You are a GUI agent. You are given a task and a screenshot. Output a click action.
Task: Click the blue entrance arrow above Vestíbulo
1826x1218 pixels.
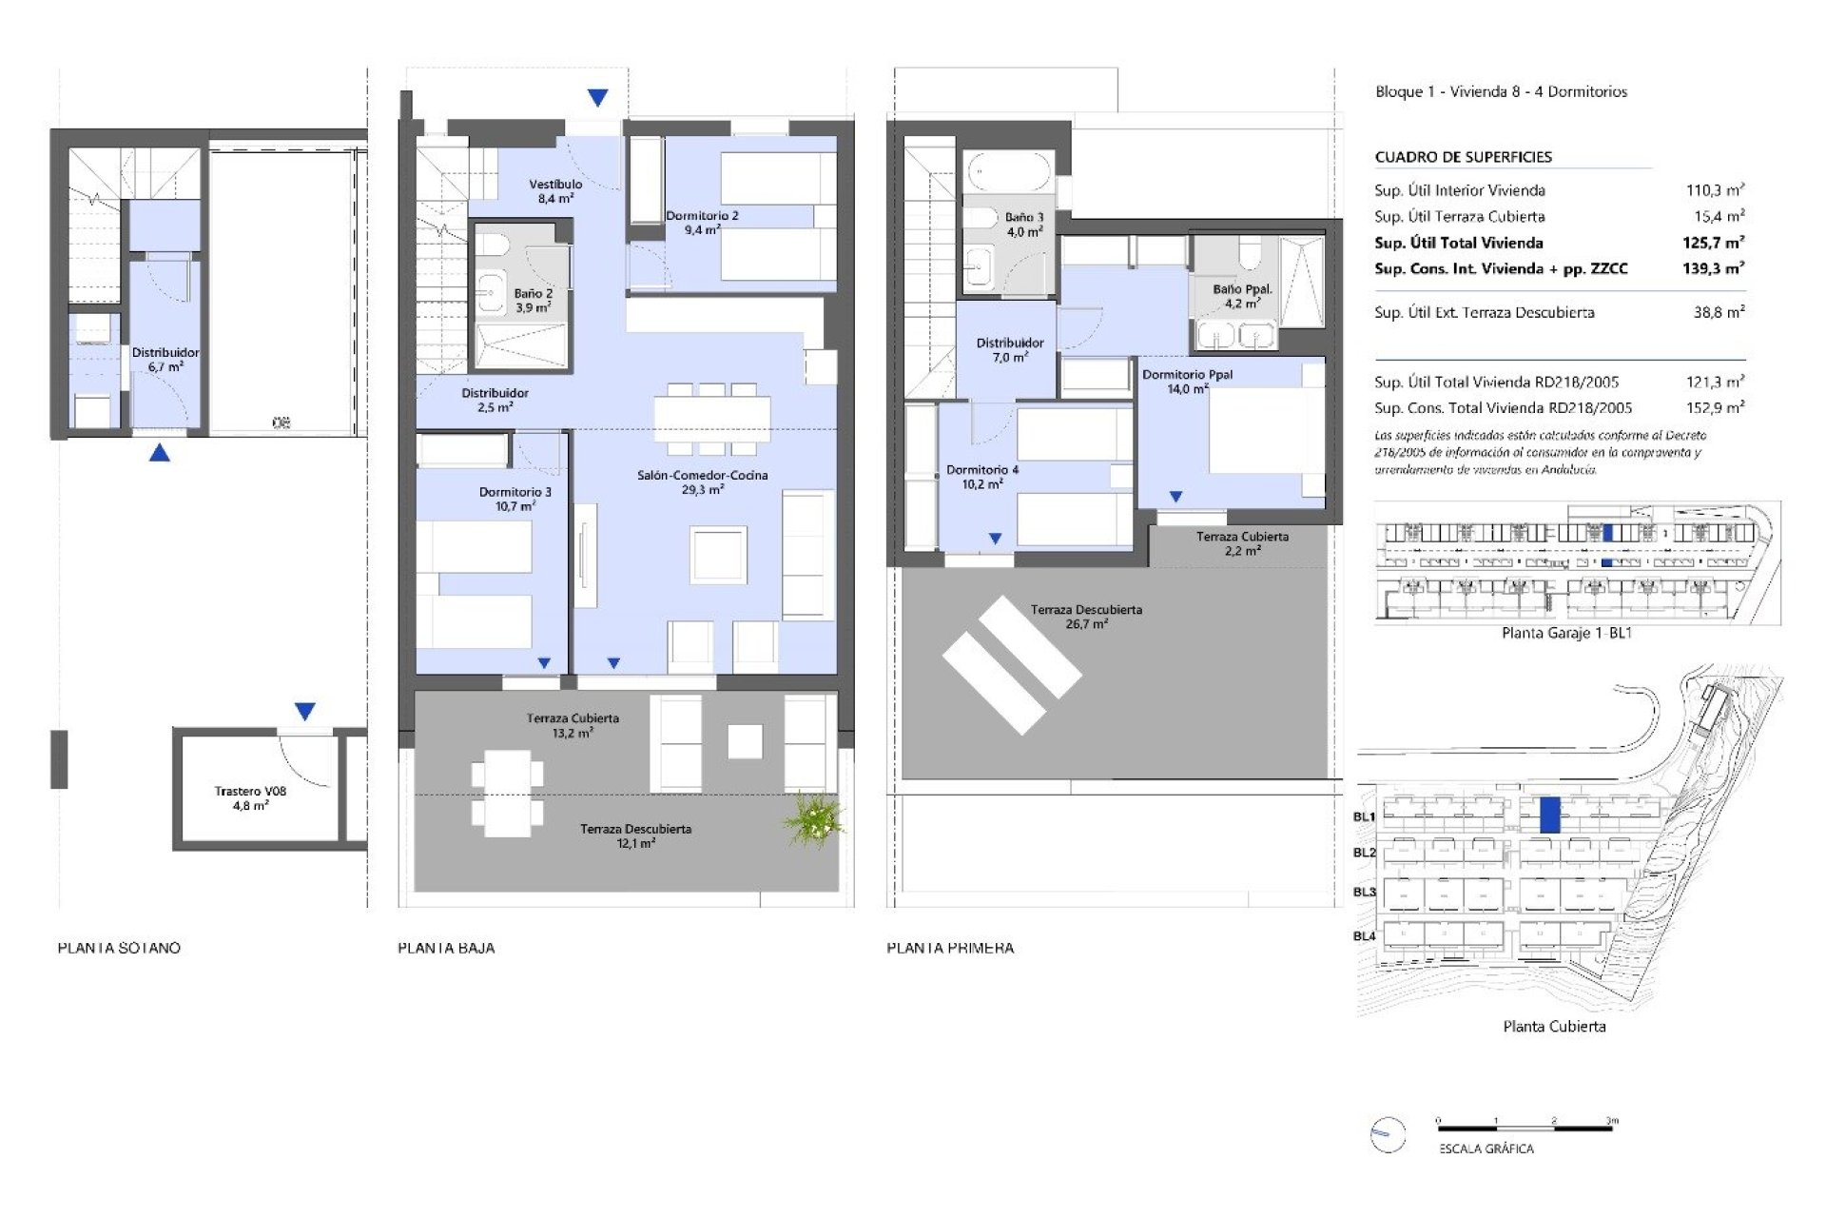point(597,97)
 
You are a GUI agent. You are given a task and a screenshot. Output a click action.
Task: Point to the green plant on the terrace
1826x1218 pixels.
point(813,819)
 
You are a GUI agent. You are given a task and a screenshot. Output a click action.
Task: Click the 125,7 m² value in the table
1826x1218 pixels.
point(1713,243)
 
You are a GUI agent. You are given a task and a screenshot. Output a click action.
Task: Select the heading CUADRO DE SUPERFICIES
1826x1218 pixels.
point(1463,157)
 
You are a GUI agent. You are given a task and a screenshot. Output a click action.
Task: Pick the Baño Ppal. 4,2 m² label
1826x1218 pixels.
point(1241,296)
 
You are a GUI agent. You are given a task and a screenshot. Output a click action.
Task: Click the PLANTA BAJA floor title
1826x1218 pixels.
point(446,948)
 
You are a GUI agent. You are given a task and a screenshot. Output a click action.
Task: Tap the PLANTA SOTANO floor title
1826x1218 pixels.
point(119,948)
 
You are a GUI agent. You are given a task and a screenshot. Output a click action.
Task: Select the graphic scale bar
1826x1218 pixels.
point(1525,1129)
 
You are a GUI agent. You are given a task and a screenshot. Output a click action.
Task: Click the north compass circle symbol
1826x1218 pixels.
point(1388,1134)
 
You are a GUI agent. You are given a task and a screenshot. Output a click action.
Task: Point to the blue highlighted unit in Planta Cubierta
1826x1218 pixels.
point(1549,815)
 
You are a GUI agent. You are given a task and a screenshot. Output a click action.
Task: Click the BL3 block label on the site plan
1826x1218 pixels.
point(1364,892)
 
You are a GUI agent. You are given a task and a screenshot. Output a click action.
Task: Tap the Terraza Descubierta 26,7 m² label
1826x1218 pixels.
point(1086,617)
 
